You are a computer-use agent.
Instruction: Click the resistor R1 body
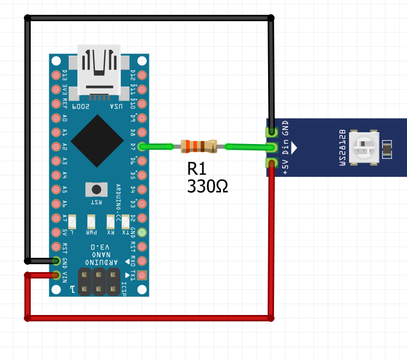[x=199, y=147]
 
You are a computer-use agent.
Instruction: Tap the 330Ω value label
[x=208, y=186]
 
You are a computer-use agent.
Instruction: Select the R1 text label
[x=197, y=169]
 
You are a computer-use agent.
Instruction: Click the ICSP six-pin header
[x=99, y=282]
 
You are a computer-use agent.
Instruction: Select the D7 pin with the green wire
[x=141, y=147]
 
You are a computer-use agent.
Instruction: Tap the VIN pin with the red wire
[x=56, y=275]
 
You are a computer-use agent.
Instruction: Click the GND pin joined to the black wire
[x=56, y=260]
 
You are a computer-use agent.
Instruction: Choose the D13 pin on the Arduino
[x=56, y=75]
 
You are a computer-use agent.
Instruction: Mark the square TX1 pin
[x=141, y=275]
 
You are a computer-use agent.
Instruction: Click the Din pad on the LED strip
[x=272, y=147]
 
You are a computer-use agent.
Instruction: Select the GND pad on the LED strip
[x=272, y=131]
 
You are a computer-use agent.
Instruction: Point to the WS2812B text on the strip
[x=342, y=147]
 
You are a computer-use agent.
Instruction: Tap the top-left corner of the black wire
[x=28, y=19]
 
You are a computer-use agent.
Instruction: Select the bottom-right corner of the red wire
[x=271, y=318]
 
